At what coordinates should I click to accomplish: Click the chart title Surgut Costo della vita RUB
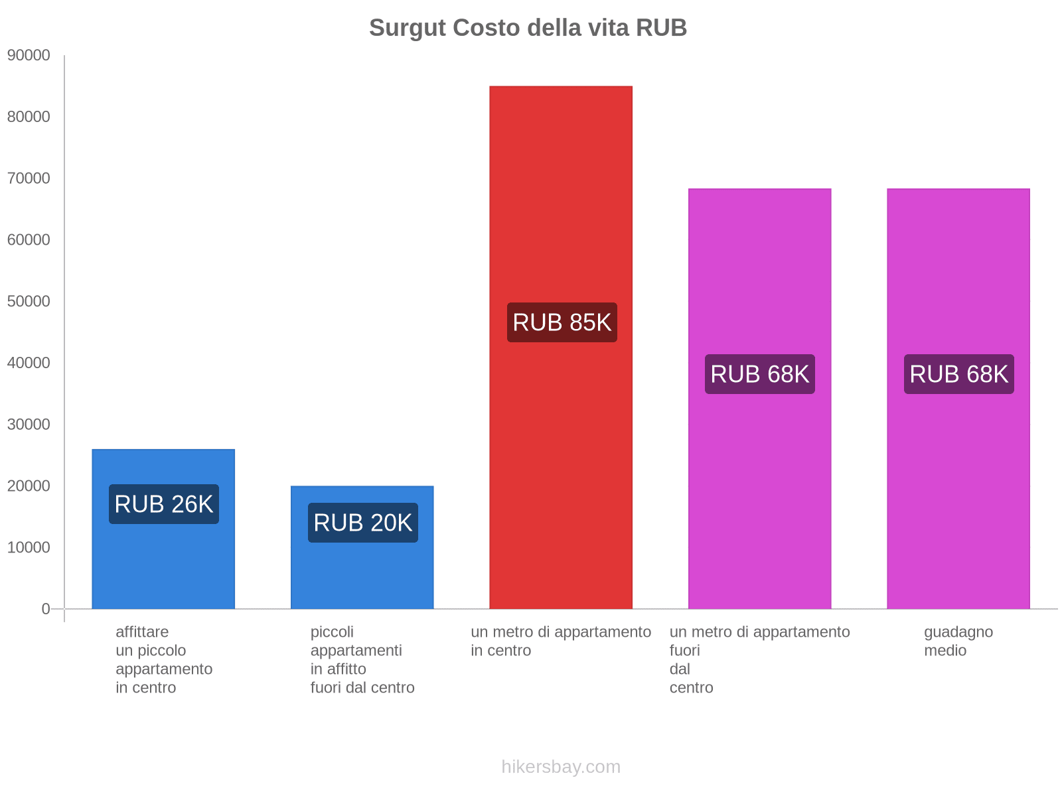tap(528, 28)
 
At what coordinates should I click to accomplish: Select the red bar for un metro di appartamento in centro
tap(561, 199)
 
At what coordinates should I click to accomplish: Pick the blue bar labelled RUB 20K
tap(362, 577)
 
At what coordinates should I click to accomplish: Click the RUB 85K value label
tap(562, 322)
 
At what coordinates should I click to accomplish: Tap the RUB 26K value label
tap(164, 504)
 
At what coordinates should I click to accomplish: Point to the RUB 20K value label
tap(363, 523)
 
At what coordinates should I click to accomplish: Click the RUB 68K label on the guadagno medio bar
tap(959, 374)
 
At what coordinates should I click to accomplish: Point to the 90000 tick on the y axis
tap(29, 56)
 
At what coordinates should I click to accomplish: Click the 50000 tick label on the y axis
tap(29, 302)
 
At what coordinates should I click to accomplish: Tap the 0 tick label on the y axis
tap(46, 609)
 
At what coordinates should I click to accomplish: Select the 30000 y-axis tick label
tap(29, 425)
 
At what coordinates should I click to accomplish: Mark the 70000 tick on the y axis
tap(29, 178)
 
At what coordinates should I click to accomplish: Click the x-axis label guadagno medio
tap(958, 641)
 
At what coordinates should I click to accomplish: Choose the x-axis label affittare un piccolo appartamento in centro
tap(164, 659)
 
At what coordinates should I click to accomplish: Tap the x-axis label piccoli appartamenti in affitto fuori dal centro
tap(362, 659)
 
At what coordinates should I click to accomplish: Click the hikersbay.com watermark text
tap(561, 767)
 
